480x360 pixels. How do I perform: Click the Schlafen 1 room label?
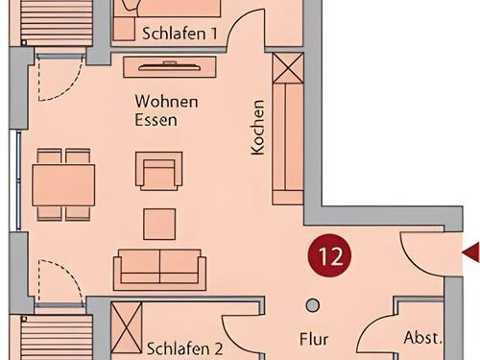coord(180,33)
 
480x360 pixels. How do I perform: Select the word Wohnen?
coord(166,101)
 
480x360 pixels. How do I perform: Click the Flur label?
coord(313,339)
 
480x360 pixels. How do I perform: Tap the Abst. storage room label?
coord(422,338)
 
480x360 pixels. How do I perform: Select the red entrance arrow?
coord(470,252)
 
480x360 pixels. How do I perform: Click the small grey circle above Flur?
coord(312,305)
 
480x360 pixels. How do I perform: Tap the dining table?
coord(63,184)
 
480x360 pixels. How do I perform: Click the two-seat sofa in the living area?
coord(159,269)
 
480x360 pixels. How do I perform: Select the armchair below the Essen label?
coord(158,174)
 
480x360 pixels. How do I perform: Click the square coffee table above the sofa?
coord(159,224)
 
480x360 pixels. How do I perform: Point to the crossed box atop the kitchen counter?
coord(287,69)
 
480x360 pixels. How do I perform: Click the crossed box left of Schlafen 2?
coord(127,328)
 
